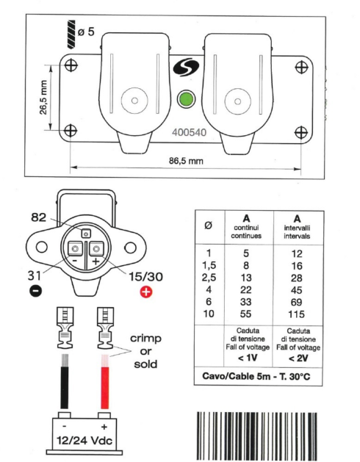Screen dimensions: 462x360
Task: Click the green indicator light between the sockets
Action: (x=186, y=98)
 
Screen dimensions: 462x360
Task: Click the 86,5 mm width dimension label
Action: (x=185, y=160)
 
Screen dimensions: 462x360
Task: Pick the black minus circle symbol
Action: (x=35, y=291)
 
